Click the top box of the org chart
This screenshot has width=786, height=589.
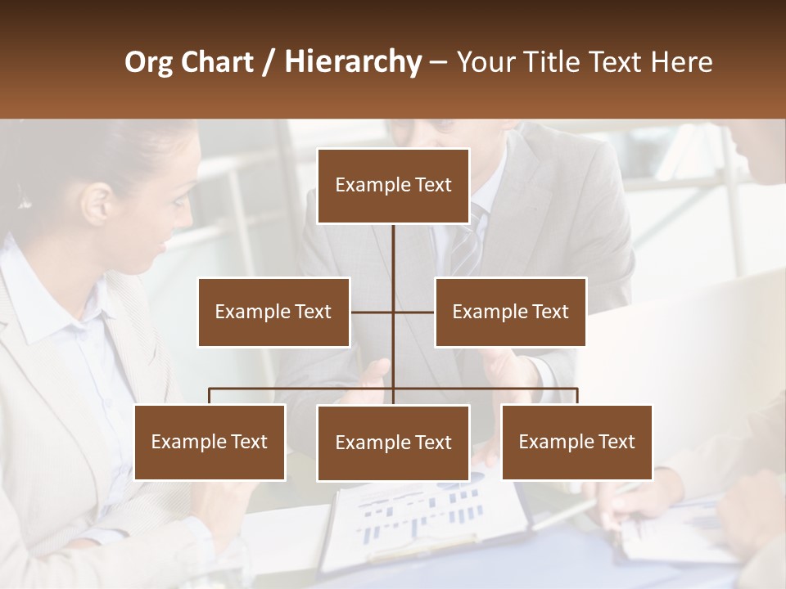click(393, 186)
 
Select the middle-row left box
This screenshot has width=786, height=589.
click(273, 312)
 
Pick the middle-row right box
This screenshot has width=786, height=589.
click(510, 312)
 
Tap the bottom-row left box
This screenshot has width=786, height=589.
click(210, 442)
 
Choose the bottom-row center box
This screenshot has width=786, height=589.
click(393, 443)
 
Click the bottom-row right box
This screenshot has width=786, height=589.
click(576, 442)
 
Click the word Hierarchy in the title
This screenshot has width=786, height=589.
click(352, 62)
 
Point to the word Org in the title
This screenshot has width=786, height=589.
click(147, 62)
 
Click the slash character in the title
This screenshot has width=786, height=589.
click(269, 63)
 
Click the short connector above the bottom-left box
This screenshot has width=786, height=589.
click(210, 396)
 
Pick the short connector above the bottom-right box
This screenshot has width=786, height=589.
click(576, 396)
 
